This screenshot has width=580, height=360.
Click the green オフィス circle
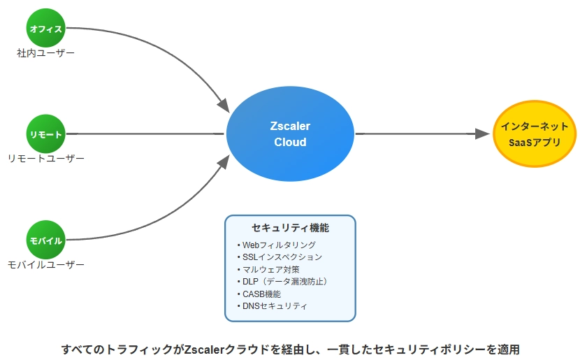tap(46, 28)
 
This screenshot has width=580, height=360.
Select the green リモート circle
tap(46, 134)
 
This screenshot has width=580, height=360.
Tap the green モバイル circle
tap(46, 240)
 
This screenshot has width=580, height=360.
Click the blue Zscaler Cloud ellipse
tap(291, 134)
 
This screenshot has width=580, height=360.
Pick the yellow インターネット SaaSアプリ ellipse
tap(535, 134)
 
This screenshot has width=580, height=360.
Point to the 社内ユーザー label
tap(46, 53)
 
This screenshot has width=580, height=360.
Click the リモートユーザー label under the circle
tap(46, 159)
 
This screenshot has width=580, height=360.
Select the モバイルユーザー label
tap(46, 264)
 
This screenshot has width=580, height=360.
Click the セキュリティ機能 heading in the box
tap(291, 228)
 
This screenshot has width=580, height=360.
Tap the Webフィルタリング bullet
tap(277, 245)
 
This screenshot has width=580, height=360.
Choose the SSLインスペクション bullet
tap(280, 257)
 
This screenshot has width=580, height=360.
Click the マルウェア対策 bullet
tap(268, 269)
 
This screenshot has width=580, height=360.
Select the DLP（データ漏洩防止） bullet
tap(283, 282)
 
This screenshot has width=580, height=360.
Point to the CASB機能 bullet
tap(259, 294)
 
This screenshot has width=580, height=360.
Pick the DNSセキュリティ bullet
tap(273, 306)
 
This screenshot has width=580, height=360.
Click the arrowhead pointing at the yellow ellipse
tap(482, 134)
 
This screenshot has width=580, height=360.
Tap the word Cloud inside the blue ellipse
tap(291, 142)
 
